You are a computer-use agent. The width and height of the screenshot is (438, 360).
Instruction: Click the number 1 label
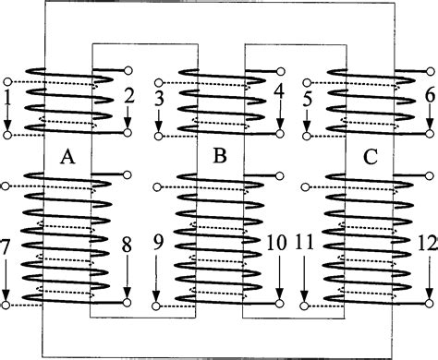[7, 95]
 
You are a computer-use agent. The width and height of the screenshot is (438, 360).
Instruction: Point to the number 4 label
[280, 93]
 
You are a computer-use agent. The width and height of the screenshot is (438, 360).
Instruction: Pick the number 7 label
[7, 248]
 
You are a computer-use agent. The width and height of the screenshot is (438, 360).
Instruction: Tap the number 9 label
[157, 246]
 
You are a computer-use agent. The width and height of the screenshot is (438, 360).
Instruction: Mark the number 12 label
[428, 246]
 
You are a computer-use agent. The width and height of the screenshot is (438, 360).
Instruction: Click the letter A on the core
[67, 158]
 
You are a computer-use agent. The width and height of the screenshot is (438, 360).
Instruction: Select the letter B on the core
[219, 158]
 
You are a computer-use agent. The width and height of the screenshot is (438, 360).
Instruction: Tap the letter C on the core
[370, 158]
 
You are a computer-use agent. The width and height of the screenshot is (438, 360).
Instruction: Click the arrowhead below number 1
[7, 126]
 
